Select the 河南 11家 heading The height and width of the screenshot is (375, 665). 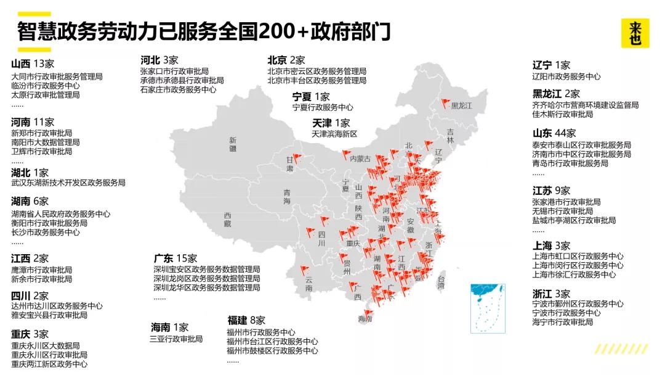coord(33,122)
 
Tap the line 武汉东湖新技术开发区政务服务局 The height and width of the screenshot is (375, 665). coord(68,183)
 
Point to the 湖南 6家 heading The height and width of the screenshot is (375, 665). coord(30,201)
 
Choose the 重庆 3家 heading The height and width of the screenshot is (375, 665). coord(30,334)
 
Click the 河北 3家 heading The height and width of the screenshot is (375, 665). coord(159,60)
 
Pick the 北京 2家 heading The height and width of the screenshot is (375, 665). coord(286,60)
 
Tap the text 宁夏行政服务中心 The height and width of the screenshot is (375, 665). coord(323,107)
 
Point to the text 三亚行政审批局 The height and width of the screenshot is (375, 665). coord(176,339)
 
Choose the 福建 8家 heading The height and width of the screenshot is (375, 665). coord(246,320)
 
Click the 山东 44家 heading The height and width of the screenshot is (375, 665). coord(554,133)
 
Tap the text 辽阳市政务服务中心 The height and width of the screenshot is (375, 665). coord(566,76)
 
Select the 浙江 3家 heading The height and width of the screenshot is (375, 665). coord(551,294)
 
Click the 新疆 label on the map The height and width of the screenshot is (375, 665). coord(233,144)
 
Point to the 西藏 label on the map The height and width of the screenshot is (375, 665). coord(228,219)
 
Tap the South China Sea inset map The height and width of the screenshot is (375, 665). coord(488,308)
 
